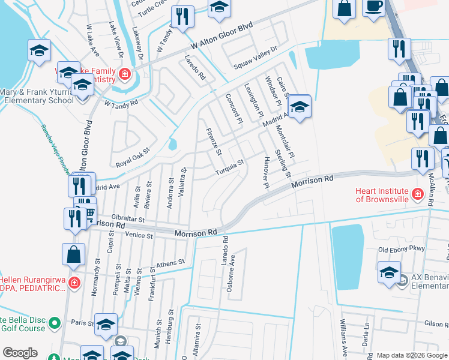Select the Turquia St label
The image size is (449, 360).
coord(230,167)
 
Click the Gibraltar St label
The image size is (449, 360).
coord(120,220)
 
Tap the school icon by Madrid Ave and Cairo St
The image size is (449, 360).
coord(298,108)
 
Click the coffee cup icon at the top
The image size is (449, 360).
coord(373,7)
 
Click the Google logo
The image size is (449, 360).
coord(20,353)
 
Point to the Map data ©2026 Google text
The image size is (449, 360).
coord(411,355)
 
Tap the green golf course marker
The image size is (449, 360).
coord(54,324)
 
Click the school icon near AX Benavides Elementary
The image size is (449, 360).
coord(389,272)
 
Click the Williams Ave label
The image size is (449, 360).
coord(345,342)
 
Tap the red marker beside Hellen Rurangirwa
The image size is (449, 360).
coord(74,282)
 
